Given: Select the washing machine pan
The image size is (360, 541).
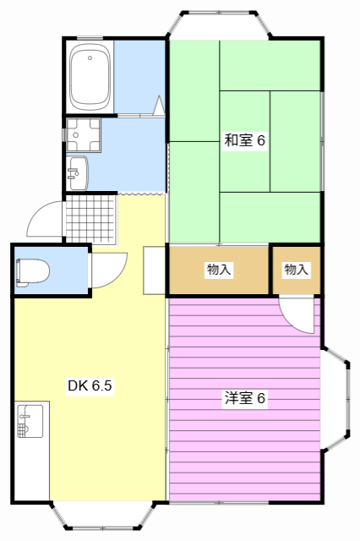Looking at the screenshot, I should pyautogui.click(x=82, y=133).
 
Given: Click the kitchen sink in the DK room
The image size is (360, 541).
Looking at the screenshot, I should pyautogui.click(x=30, y=421).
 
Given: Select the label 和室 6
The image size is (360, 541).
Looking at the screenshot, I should pyautogui.click(x=244, y=141).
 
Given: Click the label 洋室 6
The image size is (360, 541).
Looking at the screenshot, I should pyautogui.click(x=244, y=398).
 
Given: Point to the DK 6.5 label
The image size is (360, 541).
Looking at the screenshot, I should pyautogui.click(x=90, y=386).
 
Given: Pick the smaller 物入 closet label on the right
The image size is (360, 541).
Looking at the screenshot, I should pyautogui.click(x=296, y=270).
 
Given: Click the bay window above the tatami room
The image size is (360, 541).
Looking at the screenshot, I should pyautogui.click(x=219, y=24).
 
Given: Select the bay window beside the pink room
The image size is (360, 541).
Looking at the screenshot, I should pyautogui.click(x=335, y=398).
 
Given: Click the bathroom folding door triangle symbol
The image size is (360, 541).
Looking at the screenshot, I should pyautogui.click(x=158, y=107).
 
